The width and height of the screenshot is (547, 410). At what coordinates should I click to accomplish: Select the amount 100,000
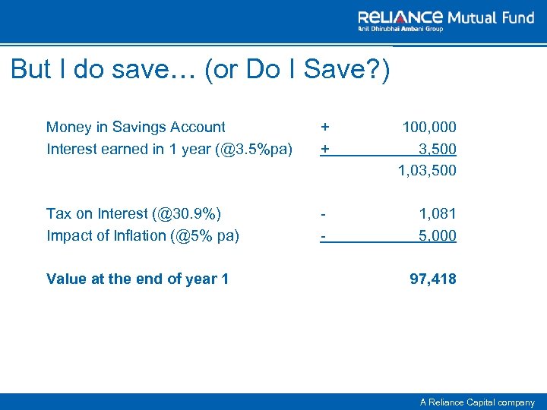(x=429, y=128)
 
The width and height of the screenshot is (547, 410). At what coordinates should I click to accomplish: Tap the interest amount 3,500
(x=438, y=149)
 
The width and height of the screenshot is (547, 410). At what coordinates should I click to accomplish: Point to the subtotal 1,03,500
(x=427, y=170)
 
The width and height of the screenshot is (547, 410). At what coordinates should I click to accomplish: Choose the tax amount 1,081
(x=438, y=214)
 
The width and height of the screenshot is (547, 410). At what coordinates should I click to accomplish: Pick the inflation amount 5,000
(x=438, y=235)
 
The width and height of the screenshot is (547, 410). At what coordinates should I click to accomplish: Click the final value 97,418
(x=433, y=279)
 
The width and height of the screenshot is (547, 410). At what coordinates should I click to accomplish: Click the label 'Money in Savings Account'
(x=136, y=127)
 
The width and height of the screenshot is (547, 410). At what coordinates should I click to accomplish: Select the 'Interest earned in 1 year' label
(x=169, y=149)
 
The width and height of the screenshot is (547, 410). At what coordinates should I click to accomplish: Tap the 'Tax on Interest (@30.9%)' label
(x=134, y=214)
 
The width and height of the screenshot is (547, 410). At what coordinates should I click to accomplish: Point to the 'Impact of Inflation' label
(x=143, y=235)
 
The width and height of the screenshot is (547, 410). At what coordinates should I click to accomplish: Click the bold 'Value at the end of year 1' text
(x=138, y=279)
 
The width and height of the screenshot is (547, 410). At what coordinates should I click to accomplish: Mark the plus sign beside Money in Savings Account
(x=325, y=128)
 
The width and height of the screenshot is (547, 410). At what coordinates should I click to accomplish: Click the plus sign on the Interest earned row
(x=325, y=149)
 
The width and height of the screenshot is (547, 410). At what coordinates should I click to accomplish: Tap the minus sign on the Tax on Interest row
(x=323, y=214)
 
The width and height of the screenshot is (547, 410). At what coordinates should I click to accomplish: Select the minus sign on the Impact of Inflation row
(x=323, y=235)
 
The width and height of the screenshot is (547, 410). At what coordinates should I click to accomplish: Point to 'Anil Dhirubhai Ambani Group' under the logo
(x=401, y=29)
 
